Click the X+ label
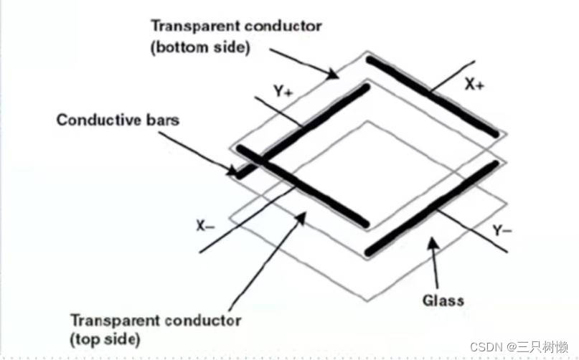(x=474, y=85)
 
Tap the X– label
(x=206, y=224)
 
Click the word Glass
(x=443, y=300)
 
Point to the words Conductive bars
(x=118, y=120)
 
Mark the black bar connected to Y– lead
(x=430, y=208)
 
